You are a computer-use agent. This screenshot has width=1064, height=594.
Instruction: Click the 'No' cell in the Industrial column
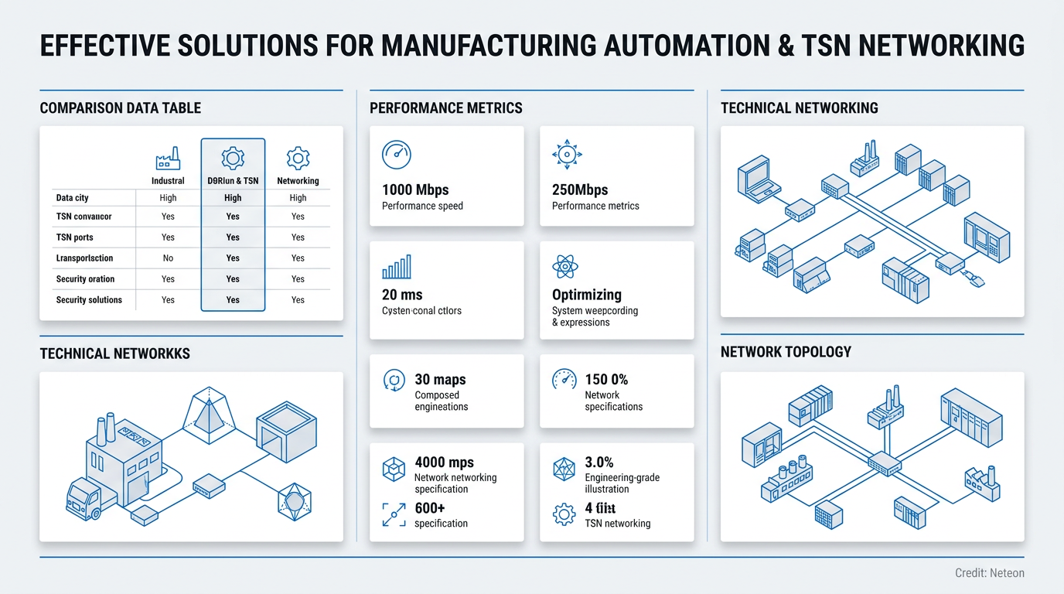click(x=168, y=258)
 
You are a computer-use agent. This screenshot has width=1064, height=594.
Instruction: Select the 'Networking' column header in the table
click(x=298, y=181)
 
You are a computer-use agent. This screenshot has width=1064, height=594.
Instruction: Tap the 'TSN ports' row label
click(x=74, y=237)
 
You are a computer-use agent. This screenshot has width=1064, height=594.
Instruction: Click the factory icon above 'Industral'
click(x=168, y=159)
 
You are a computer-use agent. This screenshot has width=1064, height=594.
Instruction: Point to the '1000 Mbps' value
click(x=415, y=189)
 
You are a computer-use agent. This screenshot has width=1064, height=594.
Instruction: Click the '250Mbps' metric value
click(x=580, y=189)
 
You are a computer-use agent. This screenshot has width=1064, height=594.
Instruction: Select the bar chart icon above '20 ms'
click(x=397, y=268)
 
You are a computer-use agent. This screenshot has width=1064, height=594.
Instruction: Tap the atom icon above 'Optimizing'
click(x=565, y=268)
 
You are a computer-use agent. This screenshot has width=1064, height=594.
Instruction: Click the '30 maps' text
click(x=440, y=380)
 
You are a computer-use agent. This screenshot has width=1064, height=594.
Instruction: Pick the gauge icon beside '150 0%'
click(x=564, y=380)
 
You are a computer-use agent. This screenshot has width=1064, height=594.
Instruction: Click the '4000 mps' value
click(x=444, y=463)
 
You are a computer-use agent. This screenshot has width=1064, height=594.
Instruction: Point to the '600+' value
click(x=430, y=508)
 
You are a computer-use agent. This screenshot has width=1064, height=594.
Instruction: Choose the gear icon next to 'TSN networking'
click(x=564, y=514)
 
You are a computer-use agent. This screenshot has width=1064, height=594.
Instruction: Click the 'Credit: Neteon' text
click(x=989, y=573)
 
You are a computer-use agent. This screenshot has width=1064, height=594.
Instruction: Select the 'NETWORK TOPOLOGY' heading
click(x=786, y=352)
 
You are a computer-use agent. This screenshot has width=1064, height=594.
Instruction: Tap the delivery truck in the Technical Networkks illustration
click(x=83, y=499)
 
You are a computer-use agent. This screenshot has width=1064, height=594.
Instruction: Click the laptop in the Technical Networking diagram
click(x=753, y=175)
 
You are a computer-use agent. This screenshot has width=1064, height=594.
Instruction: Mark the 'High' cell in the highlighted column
click(x=233, y=198)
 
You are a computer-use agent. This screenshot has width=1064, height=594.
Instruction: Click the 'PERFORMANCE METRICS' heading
click(x=445, y=108)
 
